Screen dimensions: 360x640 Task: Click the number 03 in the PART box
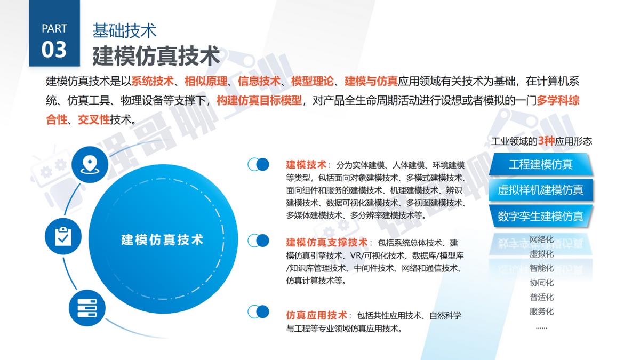pos(54,49)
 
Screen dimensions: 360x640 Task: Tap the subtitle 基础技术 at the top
pos(124,30)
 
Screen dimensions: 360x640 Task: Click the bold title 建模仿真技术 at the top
pos(156,55)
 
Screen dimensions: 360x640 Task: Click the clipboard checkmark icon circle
pos(63,235)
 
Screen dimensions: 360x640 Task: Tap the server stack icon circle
pos(87,308)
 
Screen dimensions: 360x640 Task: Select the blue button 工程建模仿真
pos(540,164)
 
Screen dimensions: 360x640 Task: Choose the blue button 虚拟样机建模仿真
pos(540,190)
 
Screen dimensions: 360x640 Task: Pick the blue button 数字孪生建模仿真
pos(540,216)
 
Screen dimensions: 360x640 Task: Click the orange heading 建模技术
pos(306,164)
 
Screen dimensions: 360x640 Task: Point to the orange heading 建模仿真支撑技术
pos(327,242)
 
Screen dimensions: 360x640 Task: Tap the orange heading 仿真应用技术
pos(317,315)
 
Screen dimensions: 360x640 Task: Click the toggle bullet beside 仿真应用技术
pos(258,311)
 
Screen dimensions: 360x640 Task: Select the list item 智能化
pos(541,268)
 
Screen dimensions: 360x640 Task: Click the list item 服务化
pos(541,311)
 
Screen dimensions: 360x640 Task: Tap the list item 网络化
pos(541,239)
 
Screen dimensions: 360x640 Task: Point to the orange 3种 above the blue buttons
pos(547,141)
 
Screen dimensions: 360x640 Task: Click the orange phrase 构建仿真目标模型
pos(259,100)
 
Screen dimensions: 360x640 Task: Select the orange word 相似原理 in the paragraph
pos(206,81)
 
